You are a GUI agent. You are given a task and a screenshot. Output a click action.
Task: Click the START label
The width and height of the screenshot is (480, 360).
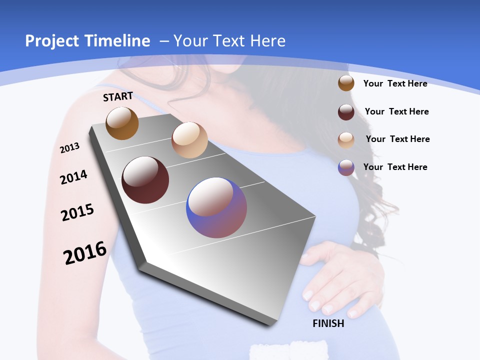[118, 96]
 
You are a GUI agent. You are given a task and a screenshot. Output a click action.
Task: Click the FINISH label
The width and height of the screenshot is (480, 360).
[328, 323]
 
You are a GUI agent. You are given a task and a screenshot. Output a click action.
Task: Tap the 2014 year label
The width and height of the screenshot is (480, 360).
[73, 177]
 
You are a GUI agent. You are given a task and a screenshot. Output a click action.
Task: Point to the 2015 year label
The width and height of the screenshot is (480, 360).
[77, 212]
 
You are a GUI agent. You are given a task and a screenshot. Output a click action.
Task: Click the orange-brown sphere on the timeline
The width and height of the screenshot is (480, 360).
[122, 123]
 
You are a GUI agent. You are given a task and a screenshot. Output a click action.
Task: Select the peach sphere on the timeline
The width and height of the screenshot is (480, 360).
[189, 140]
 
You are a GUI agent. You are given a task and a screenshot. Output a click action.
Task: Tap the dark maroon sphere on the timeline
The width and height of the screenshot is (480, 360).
[145, 180]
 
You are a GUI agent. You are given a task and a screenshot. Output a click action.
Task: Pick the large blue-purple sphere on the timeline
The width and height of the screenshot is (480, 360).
[216, 207]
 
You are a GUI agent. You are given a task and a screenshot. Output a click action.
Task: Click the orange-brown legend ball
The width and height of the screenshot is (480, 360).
[346, 83]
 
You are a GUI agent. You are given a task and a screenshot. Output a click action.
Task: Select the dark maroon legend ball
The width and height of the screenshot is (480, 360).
[346, 112]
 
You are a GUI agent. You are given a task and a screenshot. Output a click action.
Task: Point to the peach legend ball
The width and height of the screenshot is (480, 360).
[346, 140]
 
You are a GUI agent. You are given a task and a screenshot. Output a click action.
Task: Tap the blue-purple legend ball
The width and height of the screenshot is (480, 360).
[346, 167]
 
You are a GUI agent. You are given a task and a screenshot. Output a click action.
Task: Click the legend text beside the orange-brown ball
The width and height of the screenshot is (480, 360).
[395, 83]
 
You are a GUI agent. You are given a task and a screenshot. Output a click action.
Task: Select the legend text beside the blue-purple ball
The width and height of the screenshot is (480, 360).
[395, 167]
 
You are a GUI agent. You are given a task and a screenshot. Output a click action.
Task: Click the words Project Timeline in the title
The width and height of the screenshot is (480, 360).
[87, 41]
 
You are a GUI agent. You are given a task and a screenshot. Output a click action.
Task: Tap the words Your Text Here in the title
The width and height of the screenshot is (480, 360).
[229, 41]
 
